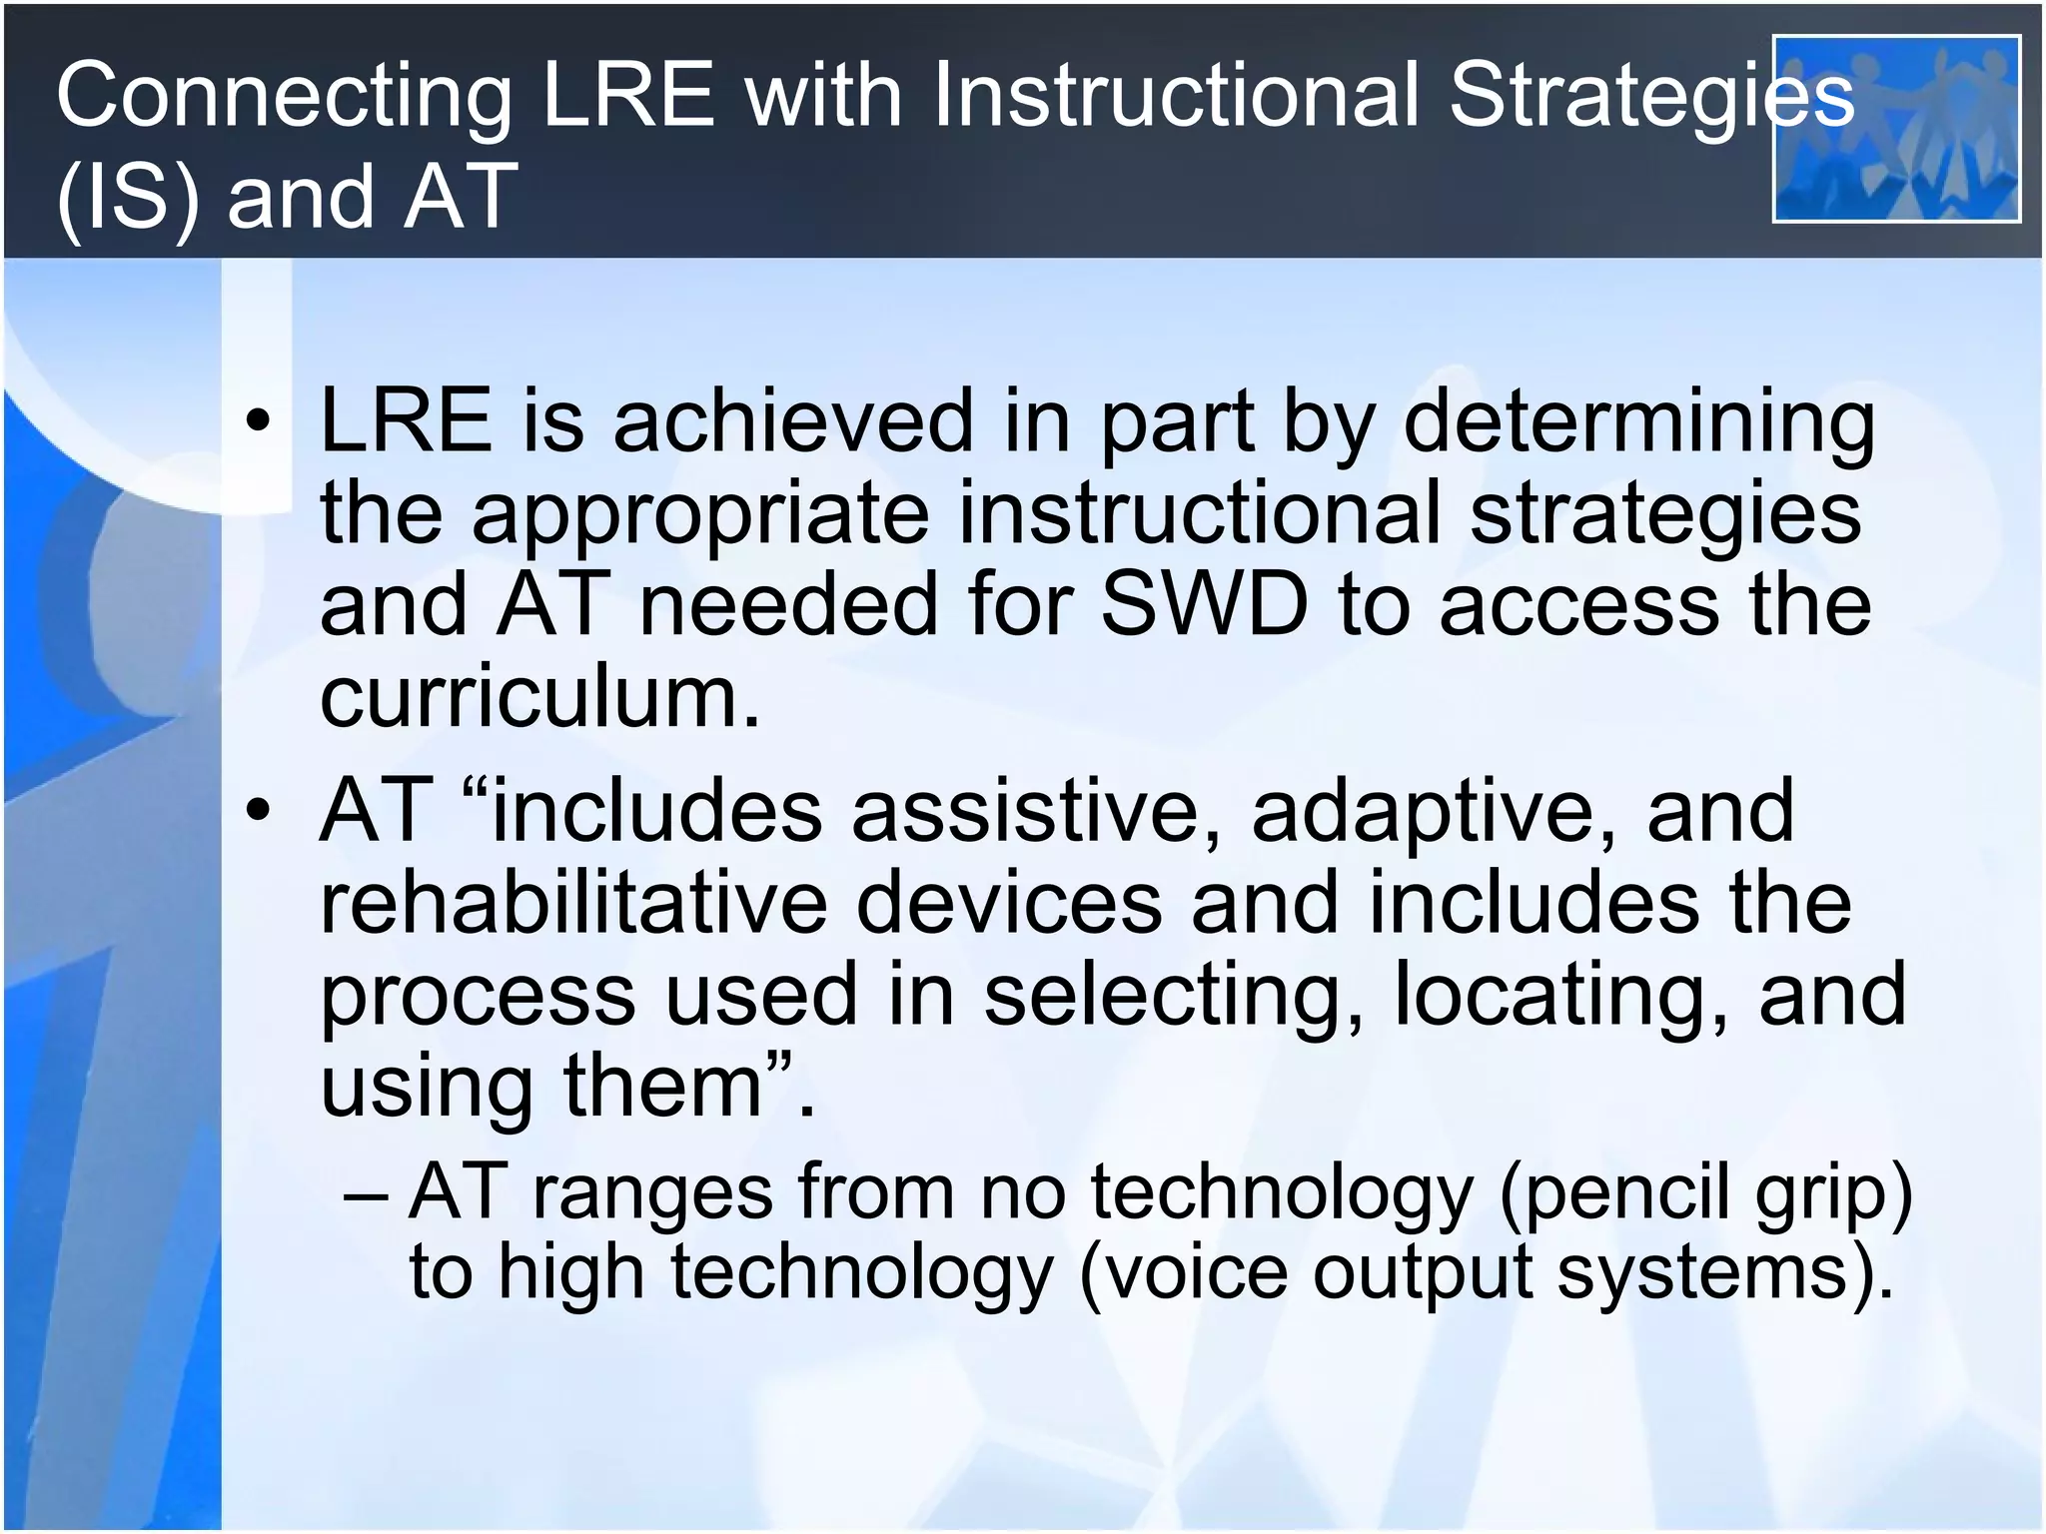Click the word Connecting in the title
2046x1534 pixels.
[x=283, y=98]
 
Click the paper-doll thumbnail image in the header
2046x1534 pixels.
[x=1895, y=129]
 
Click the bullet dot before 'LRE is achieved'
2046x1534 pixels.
[x=258, y=421]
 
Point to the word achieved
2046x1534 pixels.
[x=792, y=421]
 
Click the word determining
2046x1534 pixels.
[x=1638, y=423]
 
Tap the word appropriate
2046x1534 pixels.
[x=699, y=515]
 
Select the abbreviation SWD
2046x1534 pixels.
[x=1203, y=605]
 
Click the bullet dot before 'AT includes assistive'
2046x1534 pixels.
[x=258, y=810]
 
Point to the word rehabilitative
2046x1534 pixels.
[x=572, y=902]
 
